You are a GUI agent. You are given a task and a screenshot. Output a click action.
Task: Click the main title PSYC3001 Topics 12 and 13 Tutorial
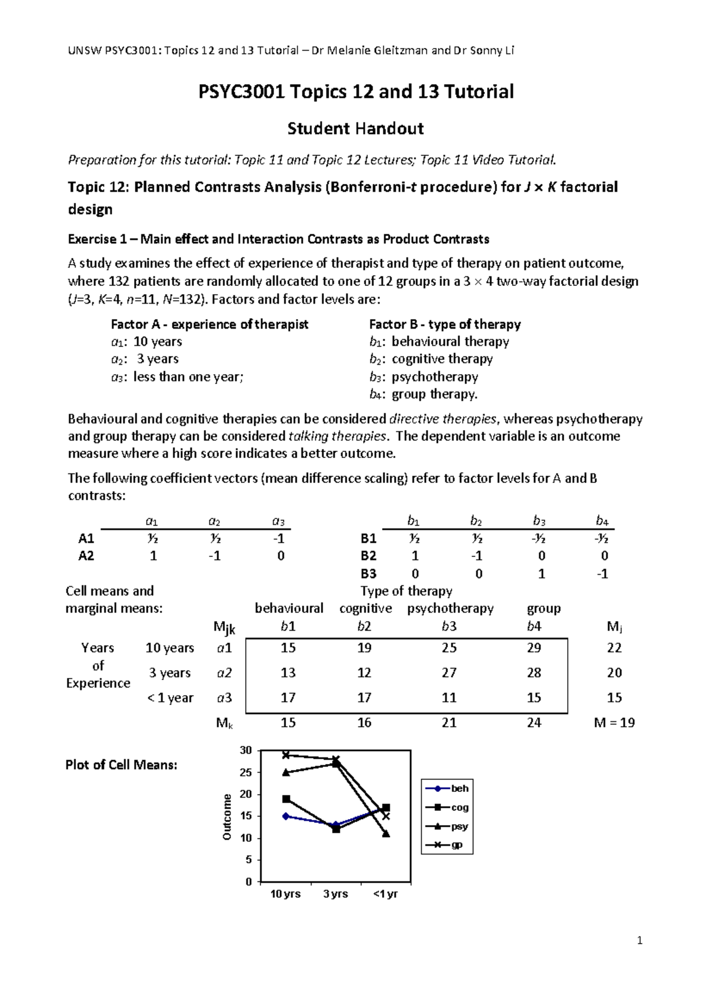(356, 91)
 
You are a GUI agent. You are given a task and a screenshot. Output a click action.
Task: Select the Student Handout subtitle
(355, 128)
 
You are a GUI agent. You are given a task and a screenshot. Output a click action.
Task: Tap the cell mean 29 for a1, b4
(534, 648)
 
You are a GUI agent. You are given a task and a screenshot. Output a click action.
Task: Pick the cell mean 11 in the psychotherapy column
(449, 698)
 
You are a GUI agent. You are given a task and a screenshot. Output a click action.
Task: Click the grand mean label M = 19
(614, 722)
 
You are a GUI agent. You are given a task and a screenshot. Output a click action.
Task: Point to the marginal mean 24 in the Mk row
(534, 722)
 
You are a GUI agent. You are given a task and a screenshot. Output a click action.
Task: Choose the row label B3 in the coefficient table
(368, 574)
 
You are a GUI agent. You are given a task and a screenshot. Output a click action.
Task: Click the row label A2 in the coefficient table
(87, 556)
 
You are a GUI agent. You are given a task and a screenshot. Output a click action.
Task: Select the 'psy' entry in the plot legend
(459, 826)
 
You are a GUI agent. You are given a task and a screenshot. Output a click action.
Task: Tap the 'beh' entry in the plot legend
(459, 788)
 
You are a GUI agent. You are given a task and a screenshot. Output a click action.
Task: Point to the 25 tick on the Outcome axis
(246, 772)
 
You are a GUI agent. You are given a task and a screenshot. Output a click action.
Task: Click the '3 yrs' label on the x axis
(335, 894)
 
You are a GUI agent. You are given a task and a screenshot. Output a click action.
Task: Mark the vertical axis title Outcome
(227, 817)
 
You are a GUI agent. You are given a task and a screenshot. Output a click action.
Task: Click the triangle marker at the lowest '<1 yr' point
(386, 833)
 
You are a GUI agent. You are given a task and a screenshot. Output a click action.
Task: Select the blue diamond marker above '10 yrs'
(286, 816)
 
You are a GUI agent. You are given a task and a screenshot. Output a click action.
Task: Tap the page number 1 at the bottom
(639, 940)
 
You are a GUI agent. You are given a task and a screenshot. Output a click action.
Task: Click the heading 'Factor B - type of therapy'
(445, 324)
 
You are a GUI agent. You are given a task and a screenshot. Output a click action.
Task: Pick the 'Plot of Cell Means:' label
(121, 765)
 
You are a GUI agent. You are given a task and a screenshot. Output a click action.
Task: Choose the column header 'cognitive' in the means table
(365, 609)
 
